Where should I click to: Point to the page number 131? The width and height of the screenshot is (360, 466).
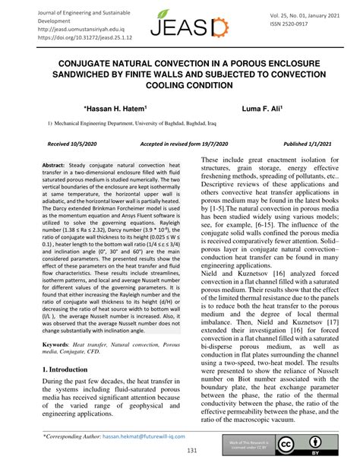tap(180, 451)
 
